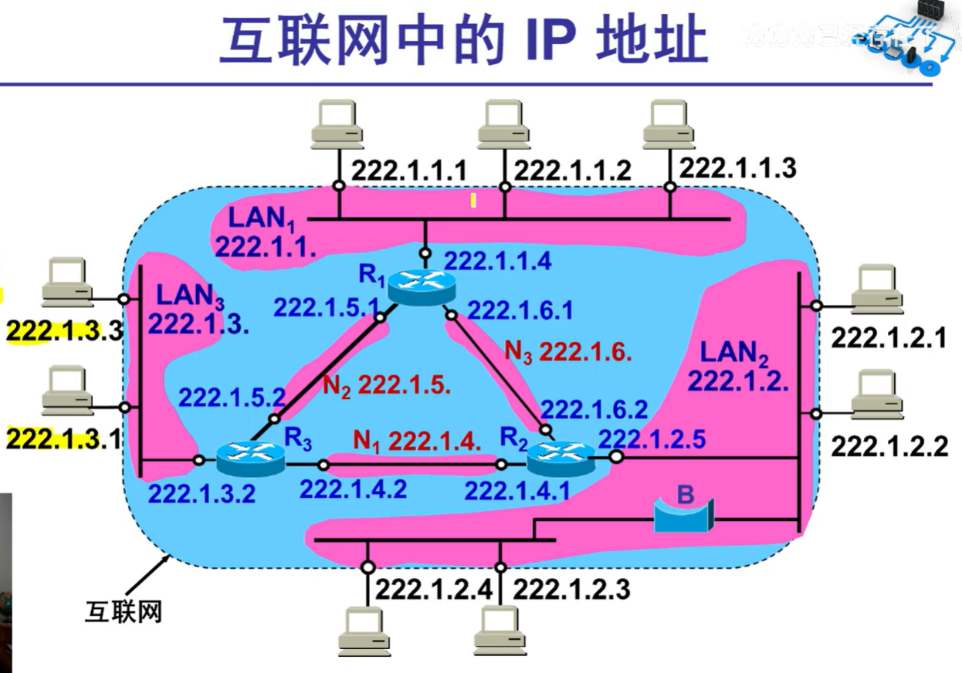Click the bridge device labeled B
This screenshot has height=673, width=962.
click(x=683, y=515)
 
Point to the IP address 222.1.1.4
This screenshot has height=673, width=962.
click(x=497, y=261)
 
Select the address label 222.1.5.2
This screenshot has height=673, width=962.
click(x=232, y=397)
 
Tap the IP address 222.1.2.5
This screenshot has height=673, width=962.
click(x=652, y=438)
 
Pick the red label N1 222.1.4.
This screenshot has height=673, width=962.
click(x=417, y=441)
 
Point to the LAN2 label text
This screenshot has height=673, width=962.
click(x=734, y=353)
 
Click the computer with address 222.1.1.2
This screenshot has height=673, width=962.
click(x=503, y=125)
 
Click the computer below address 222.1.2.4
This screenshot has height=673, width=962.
click(x=364, y=631)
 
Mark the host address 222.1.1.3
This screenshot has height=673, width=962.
click(x=737, y=167)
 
